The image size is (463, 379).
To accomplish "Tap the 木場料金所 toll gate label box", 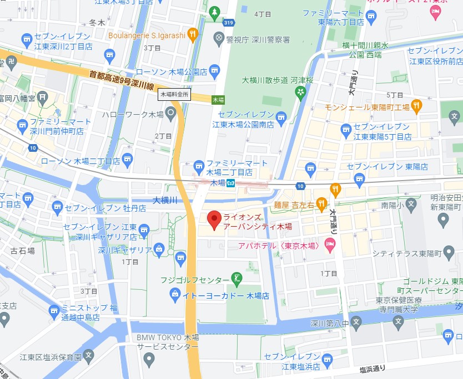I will (175, 94).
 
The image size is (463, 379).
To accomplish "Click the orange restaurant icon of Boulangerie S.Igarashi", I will (193, 34).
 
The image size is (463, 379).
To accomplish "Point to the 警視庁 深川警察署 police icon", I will (220, 39).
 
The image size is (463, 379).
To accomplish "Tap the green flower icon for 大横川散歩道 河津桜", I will (300, 93).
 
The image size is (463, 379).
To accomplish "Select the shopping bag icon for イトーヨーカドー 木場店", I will (175, 293).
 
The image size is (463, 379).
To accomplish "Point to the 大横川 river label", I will (164, 200).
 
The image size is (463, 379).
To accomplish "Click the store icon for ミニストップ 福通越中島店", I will (54, 311).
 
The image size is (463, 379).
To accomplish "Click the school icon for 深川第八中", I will (356, 321).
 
